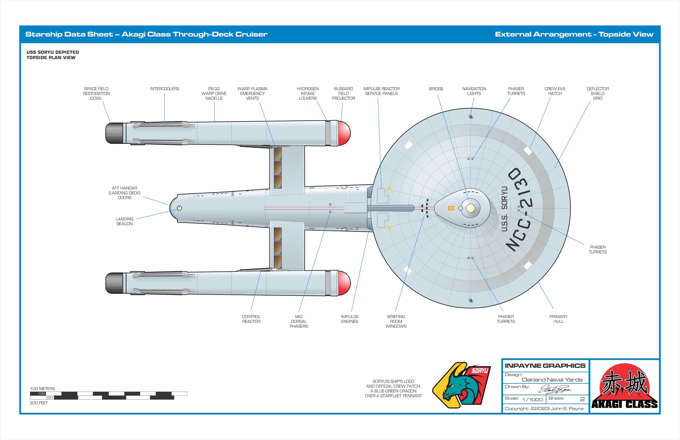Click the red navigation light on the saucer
[x=470, y=116]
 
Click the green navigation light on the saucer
[x=470, y=300]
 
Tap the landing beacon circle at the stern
[x=179, y=208]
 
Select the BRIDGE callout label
[x=436, y=89]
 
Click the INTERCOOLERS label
[x=165, y=89]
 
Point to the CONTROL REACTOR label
[x=251, y=319]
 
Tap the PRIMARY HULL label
[x=558, y=319]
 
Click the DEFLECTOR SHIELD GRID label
[x=597, y=93]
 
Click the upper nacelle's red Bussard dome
[x=344, y=133]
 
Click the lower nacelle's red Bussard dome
[x=344, y=283]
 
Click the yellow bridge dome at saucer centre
[x=470, y=208]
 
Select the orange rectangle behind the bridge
[x=451, y=208]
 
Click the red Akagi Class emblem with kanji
[x=625, y=386]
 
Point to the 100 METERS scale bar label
[x=42, y=389]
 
